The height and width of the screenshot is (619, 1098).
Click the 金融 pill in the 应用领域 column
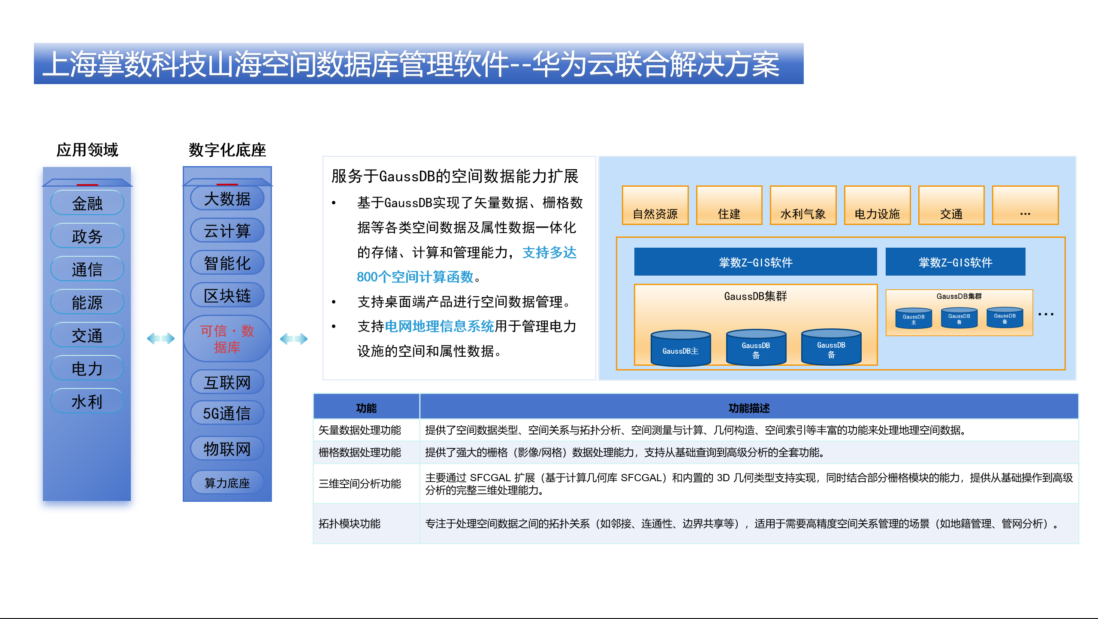pyautogui.click(x=87, y=203)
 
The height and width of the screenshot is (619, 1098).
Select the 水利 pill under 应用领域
pyautogui.click(x=87, y=401)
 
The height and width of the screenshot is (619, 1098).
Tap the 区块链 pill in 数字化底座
pyautogui.click(x=227, y=295)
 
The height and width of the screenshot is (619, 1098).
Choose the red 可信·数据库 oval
pyautogui.click(x=227, y=339)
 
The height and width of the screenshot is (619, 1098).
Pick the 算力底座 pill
pyautogui.click(x=227, y=482)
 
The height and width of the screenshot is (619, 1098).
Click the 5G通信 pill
pyautogui.click(x=227, y=413)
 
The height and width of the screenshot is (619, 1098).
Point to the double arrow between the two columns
pyautogui.click(x=161, y=339)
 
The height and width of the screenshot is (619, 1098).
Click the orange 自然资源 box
pyautogui.click(x=655, y=205)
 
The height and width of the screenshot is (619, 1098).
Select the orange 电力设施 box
pyautogui.click(x=877, y=205)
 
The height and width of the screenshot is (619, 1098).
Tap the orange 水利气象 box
pyautogui.click(x=803, y=205)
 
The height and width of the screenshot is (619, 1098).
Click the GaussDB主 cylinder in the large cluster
pyautogui.click(x=681, y=348)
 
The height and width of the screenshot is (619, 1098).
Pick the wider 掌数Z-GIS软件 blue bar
pyautogui.click(x=756, y=262)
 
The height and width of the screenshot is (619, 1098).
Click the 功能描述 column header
pyautogui.click(x=749, y=407)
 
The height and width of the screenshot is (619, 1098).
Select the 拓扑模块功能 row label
pyautogui.click(x=350, y=524)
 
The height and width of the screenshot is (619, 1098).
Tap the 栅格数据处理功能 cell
pyautogui.click(x=360, y=452)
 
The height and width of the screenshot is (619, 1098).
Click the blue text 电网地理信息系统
pyautogui.click(x=440, y=326)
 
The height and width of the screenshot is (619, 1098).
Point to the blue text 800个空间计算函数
pyautogui.click(x=415, y=277)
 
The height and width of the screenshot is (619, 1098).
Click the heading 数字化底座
pyautogui.click(x=227, y=150)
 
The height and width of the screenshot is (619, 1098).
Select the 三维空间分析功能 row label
pyautogui.click(x=360, y=484)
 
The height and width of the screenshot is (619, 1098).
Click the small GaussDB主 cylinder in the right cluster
pyautogui.click(x=914, y=318)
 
